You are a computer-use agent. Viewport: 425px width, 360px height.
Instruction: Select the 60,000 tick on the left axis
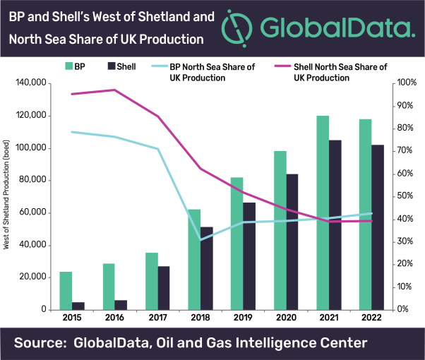coord(34,212)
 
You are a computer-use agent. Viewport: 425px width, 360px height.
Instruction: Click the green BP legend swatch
coord(70,66)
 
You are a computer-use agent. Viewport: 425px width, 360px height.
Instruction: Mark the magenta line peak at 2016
coord(114,90)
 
